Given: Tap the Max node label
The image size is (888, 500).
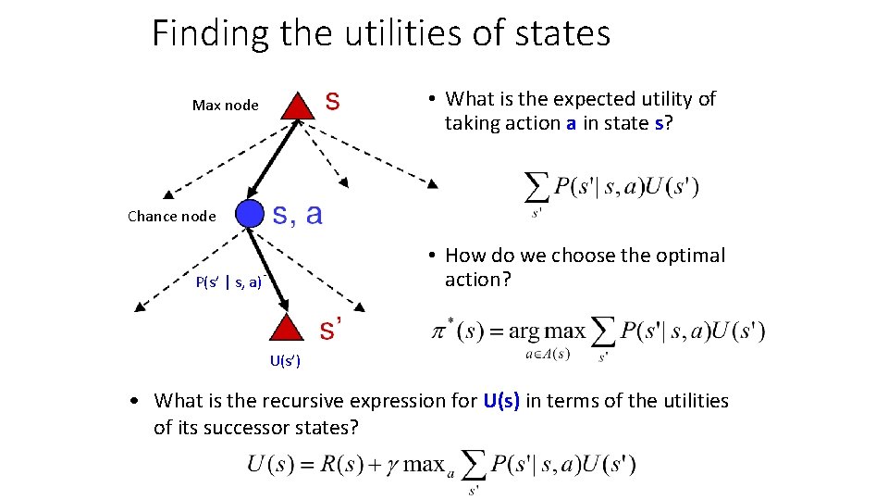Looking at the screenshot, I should click(x=225, y=106).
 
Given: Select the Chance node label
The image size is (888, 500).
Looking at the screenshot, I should click(x=171, y=217).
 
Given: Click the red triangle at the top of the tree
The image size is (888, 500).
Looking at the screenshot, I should click(x=297, y=106).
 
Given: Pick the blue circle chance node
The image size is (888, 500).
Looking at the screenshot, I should click(x=250, y=214).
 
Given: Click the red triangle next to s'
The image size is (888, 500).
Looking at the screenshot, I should click(x=290, y=329).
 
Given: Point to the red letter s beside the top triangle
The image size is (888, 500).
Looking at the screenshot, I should click(x=331, y=101).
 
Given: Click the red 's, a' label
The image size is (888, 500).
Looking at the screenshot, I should click(x=296, y=215).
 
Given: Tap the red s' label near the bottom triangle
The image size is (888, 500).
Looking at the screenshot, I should click(x=332, y=328).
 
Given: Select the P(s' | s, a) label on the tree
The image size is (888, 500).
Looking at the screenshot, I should click(x=229, y=281).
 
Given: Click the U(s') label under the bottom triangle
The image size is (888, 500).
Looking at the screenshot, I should click(x=285, y=360).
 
